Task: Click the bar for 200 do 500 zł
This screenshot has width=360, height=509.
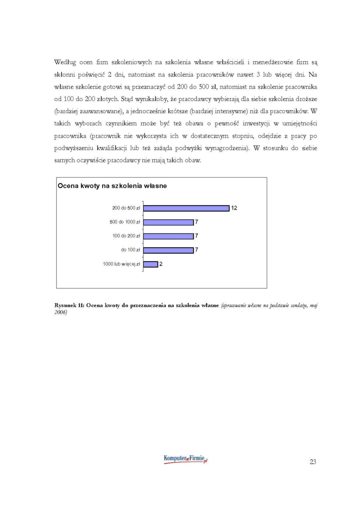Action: (x=186, y=208)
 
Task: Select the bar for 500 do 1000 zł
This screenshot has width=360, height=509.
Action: (x=168, y=222)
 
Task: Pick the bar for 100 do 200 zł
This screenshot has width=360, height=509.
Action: (x=168, y=236)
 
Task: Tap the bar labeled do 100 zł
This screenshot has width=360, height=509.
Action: (x=168, y=250)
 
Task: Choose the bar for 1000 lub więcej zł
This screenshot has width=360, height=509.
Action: (x=150, y=264)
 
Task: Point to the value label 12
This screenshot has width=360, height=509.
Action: (x=234, y=208)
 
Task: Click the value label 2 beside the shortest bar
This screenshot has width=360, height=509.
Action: (x=161, y=264)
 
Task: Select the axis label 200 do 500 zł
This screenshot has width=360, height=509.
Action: (x=126, y=208)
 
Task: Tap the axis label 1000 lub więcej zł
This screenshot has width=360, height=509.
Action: (x=121, y=264)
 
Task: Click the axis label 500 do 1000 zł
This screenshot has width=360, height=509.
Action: (x=125, y=222)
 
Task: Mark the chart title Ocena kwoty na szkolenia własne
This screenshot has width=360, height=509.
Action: (x=112, y=186)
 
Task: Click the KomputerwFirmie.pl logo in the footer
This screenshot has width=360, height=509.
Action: (x=185, y=459)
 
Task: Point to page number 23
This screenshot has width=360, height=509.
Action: (x=313, y=462)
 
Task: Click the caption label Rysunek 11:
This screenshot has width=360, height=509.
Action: (x=69, y=305)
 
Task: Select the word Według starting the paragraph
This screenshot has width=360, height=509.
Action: (x=65, y=63)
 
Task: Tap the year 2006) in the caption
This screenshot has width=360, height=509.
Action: (x=60, y=312)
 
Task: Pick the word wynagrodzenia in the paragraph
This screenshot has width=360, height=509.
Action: (x=226, y=148)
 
